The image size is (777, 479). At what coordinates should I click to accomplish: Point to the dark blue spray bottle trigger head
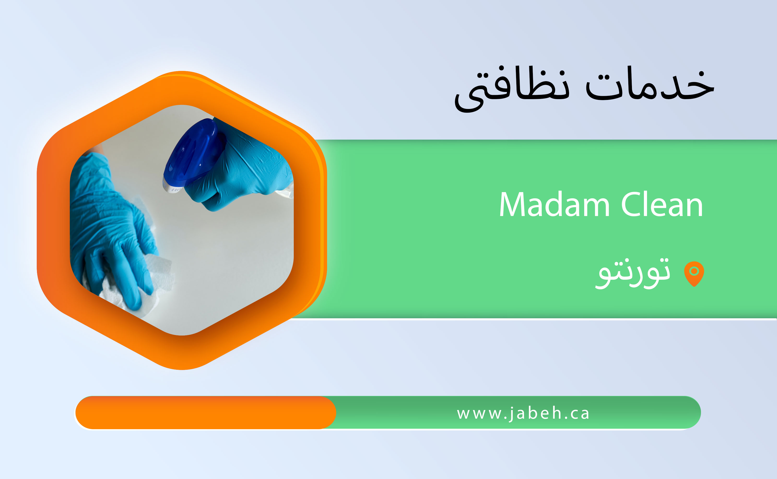[x=194, y=152]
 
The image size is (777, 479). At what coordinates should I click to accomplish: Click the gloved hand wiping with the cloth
[x=111, y=228]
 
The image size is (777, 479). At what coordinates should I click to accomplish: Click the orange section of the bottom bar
[x=206, y=412]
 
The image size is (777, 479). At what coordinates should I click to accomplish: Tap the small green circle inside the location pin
[x=694, y=271]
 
